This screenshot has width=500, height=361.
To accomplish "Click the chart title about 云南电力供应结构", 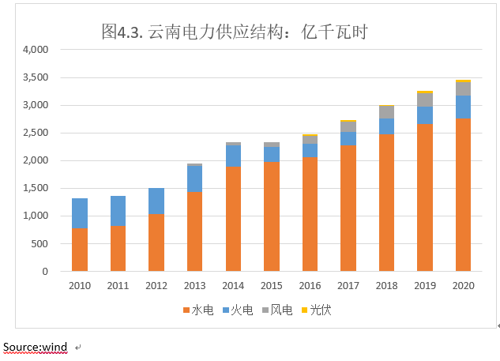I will [235, 32].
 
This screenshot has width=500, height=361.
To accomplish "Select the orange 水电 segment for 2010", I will [80, 250].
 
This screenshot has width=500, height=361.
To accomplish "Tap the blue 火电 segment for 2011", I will [118, 211].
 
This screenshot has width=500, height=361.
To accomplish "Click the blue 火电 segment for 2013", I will [194, 179].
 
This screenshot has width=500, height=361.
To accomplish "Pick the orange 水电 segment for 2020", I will [463, 194].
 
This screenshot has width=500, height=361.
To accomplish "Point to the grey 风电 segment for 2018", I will [386, 112].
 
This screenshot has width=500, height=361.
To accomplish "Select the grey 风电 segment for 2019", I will [425, 100].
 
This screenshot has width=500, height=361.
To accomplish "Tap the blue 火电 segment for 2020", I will [463, 107].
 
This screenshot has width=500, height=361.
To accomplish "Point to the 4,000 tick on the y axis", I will [36, 50].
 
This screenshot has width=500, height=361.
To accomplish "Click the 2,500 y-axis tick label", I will [36, 133].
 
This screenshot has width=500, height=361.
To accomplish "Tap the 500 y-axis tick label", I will [39, 243].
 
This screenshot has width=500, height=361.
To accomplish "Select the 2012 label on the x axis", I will [156, 286].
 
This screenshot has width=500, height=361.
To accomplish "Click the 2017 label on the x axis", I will [348, 286].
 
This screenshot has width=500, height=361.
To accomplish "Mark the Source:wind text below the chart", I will [36, 347].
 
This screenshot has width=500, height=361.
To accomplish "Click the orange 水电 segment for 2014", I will [233, 219].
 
